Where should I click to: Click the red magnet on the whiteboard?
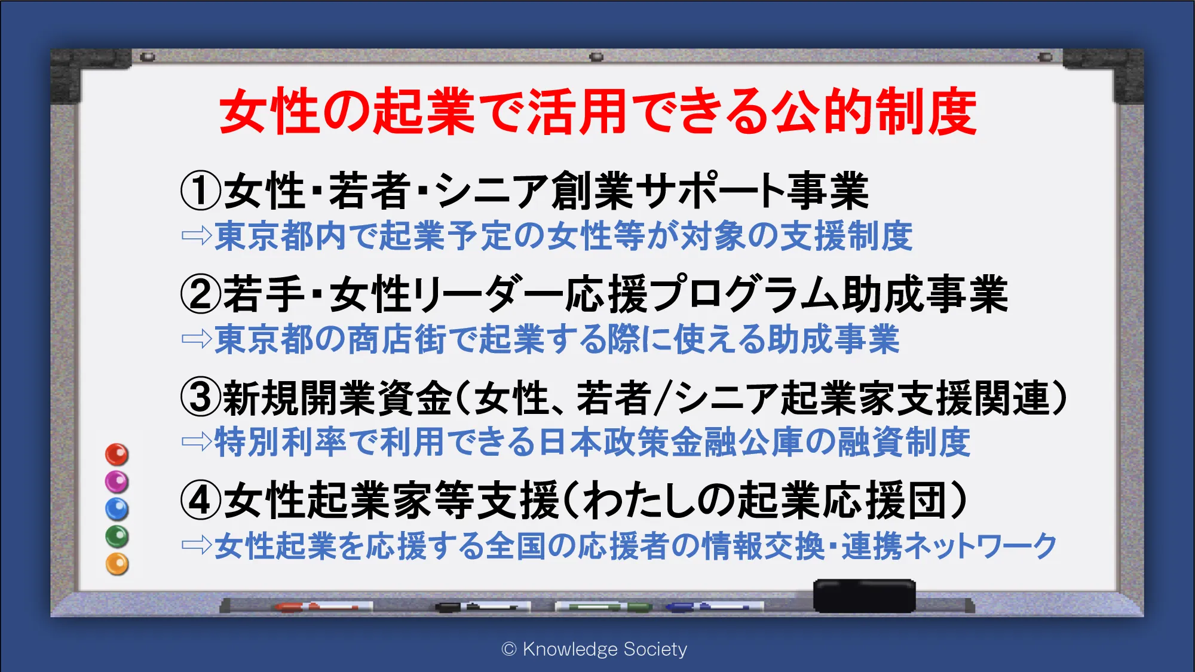(117, 455)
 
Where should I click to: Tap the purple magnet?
(117, 481)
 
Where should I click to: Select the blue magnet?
(117, 509)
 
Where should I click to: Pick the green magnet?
(117, 536)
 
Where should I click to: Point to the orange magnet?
(117, 564)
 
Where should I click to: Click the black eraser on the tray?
(864, 596)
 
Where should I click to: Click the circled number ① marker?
(201, 191)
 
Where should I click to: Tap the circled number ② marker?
(201, 294)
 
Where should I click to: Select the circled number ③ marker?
(201, 398)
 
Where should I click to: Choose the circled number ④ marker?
(201, 501)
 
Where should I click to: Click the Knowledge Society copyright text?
(595, 649)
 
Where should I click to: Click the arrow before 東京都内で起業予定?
(197, 235)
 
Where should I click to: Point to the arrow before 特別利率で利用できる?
(197, 441)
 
